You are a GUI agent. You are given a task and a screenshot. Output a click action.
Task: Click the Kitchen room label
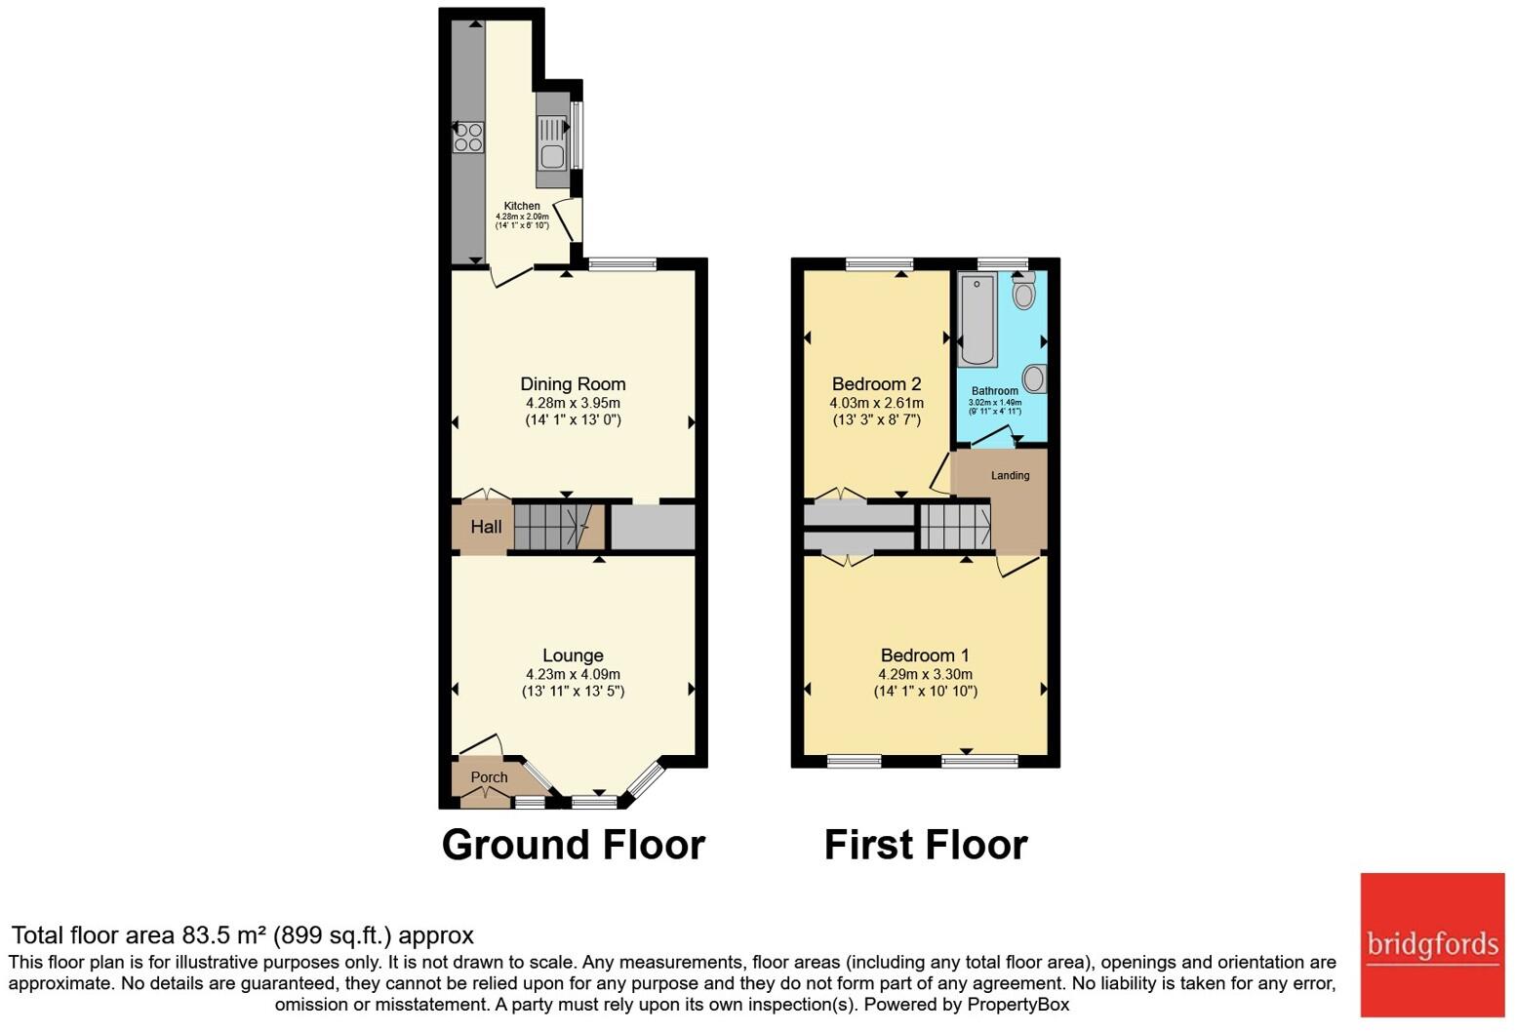pos(522,206)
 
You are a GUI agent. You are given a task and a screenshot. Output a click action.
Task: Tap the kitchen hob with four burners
pos(468,137)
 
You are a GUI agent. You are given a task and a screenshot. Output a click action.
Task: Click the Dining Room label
pos(573,384)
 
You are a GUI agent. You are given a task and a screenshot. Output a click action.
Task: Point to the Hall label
pos(486,527)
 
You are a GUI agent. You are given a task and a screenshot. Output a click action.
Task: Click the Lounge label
pos(573,655)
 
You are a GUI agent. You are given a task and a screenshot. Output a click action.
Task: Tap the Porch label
pos(489,777)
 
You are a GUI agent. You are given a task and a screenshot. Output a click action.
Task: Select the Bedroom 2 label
pos(876,384)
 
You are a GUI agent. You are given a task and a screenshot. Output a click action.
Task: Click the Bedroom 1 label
pos(925,655)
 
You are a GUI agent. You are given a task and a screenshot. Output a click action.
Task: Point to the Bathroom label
pos(994,391)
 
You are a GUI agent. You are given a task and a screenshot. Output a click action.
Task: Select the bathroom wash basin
pos(1034,377)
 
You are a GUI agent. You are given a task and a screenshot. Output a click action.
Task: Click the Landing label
pos(1010,476)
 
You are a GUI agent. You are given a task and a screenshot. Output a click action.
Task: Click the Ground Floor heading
pos(573,845)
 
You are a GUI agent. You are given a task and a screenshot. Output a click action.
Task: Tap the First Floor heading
pos(925,845)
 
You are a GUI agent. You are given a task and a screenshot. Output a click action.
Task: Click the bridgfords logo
pos(1432,944)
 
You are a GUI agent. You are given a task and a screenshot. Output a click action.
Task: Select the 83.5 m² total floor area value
pos(224,935)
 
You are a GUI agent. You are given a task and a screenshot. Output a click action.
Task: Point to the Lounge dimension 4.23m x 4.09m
pos(573,674)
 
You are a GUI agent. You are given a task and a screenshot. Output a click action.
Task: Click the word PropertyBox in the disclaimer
pos(1017,1004)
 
